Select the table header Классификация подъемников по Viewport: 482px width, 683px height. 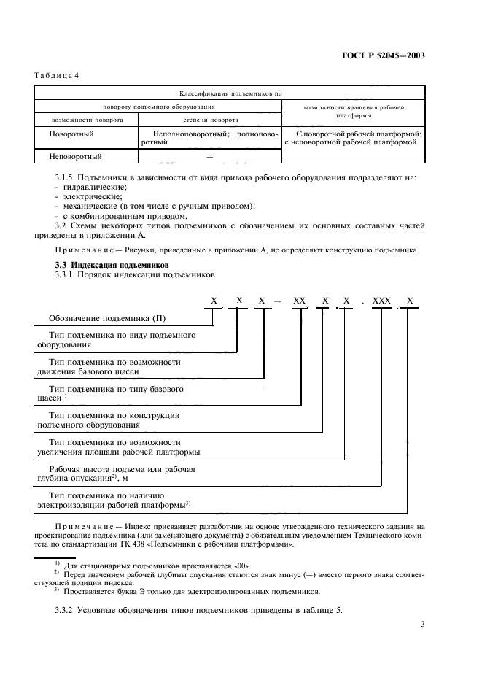click(230, 93)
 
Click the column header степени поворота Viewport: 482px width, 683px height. click(209, 120)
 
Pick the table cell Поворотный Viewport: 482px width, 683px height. click(71, 134)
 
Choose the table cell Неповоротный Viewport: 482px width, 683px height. click(75, 156)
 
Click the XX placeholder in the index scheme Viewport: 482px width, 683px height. click(300, 300)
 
